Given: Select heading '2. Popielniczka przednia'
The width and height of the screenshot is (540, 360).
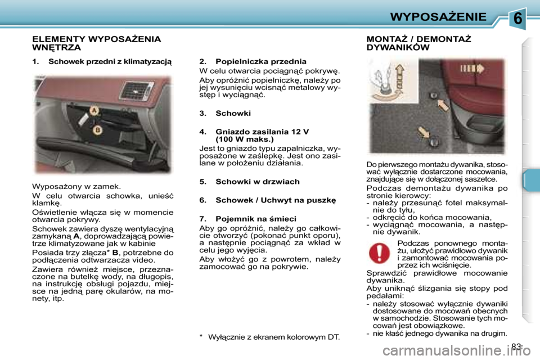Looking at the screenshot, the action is click(x=253, y=61).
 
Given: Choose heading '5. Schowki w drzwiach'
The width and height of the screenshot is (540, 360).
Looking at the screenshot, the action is click(x=250, y=182).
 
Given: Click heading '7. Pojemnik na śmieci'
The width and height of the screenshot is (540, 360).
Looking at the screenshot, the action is click(x=247, y=218).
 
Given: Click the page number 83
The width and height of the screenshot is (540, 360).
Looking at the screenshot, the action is click(x=516, y=346).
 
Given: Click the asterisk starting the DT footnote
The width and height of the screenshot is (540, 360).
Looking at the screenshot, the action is click(x=201, y=337).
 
